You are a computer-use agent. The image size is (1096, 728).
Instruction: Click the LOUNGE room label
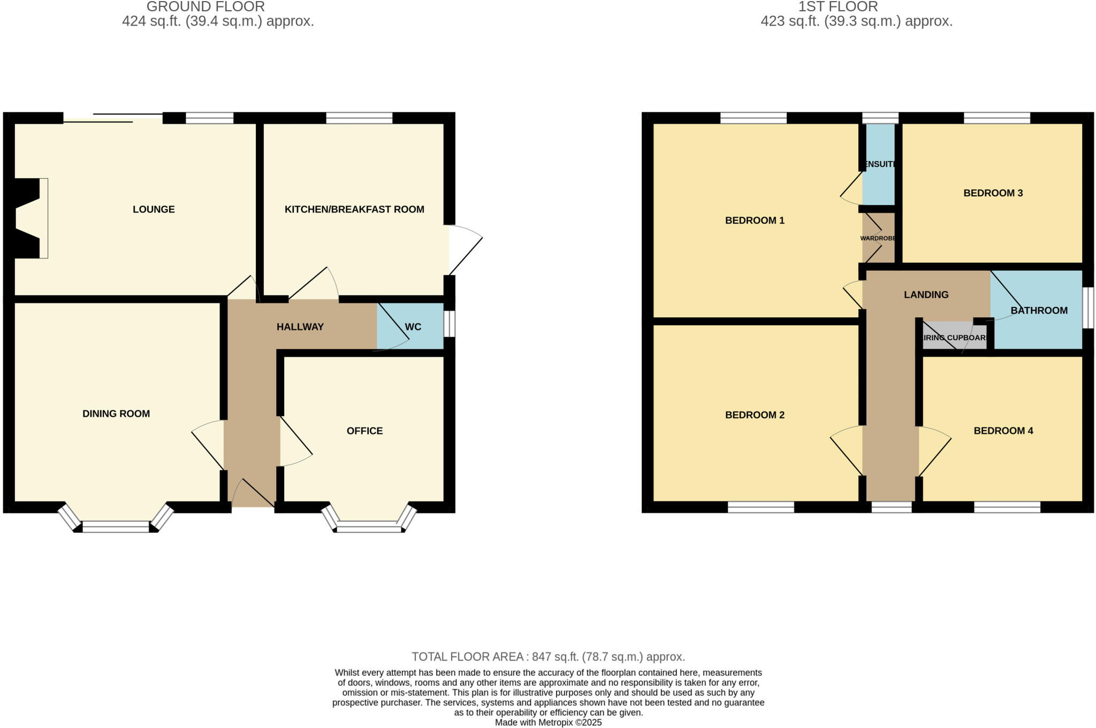pos(154,209)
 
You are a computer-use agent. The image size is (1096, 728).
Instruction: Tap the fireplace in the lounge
pos(29,218)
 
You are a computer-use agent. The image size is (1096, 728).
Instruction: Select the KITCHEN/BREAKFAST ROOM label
pos(354,209)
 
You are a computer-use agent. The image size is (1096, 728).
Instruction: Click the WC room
pos(413,327)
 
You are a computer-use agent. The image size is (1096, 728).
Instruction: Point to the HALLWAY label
pos(300,327)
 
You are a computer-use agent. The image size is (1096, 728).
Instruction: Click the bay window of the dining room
pos(116,526)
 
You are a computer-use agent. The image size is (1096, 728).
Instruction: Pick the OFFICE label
pos(364,431)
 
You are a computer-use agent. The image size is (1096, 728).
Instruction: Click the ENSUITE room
pos(878,164)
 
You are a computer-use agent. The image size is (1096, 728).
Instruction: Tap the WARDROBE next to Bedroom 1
pos(878,238)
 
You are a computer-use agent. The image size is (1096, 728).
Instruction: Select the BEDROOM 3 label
pos(993,193)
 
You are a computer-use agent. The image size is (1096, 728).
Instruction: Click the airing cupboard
pos(955,338)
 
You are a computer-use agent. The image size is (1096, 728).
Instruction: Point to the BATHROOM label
pos(1039,310)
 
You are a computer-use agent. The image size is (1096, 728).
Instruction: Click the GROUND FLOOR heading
pos(205,7)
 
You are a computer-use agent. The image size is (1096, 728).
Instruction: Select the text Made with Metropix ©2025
pos(548,722)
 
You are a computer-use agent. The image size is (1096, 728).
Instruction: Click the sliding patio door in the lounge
pos(113,118)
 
